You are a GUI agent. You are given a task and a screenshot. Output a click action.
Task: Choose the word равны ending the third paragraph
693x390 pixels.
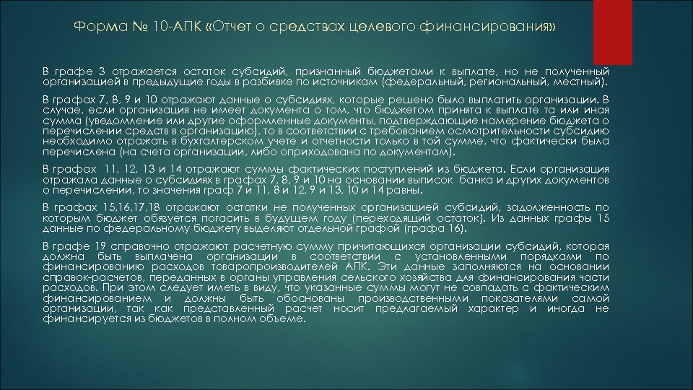402,191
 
